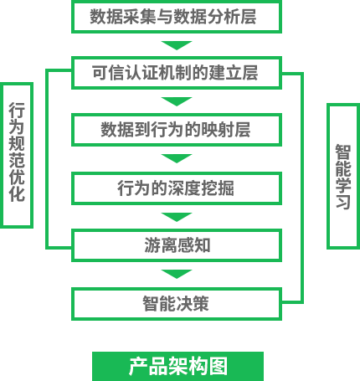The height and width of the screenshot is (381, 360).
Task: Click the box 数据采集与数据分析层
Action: (177, 17)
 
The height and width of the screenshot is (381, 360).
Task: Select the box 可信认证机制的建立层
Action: (177, 73)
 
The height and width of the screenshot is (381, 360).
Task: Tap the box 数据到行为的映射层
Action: (177, 130)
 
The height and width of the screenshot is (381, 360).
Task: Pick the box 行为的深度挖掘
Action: (177, 188)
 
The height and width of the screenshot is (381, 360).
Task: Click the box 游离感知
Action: (177, 245)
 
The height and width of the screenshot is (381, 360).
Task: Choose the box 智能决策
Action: (177, 304)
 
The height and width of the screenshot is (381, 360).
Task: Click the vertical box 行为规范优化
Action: (17, 155)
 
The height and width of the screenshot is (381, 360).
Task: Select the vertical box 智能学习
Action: (343, 176)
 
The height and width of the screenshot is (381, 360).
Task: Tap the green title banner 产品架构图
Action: (177, 366)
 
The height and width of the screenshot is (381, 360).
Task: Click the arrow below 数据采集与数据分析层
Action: (177, 45)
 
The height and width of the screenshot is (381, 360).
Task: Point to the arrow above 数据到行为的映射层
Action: (177, 101)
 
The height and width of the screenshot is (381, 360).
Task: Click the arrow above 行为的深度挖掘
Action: (177, 158)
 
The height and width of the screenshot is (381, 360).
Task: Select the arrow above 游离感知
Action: (177, 217)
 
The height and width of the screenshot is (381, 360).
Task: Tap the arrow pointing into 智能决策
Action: (177, 274)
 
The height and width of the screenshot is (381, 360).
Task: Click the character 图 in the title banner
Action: (219, 366)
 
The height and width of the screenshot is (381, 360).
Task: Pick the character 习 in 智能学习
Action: (343, 202)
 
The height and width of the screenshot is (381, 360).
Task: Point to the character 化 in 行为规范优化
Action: (17, 193)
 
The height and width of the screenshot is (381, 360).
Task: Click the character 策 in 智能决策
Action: (201, 304)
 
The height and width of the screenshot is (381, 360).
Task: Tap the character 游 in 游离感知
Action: (152, 245)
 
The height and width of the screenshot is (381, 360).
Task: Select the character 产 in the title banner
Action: (138, 366)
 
